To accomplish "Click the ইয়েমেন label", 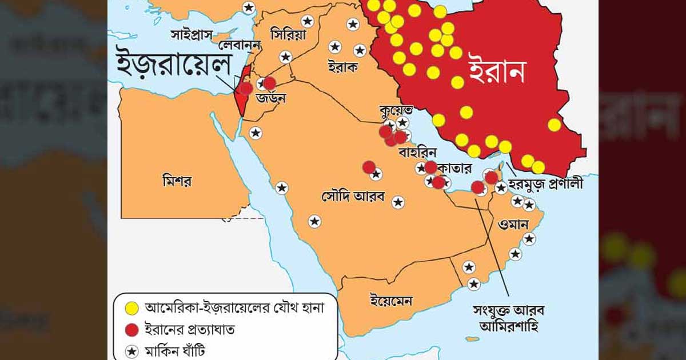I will [392, 299].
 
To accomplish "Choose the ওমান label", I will [512, 221].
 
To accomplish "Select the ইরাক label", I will [343, 67].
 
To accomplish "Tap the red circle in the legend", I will [132, 330].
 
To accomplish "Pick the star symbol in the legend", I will [132, 351].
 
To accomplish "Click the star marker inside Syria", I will [308, 21].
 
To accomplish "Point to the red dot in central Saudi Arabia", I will [369, 167].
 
